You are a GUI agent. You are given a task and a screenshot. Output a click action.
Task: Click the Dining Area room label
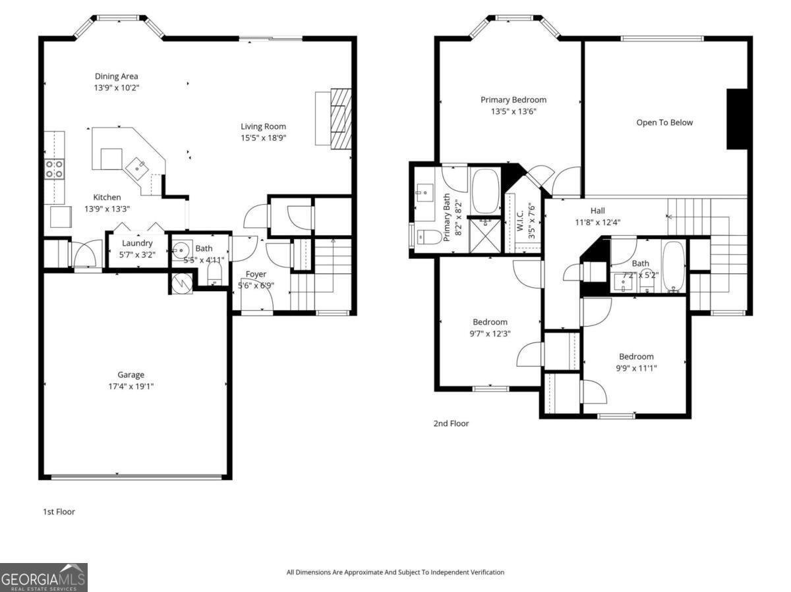coord(116,76)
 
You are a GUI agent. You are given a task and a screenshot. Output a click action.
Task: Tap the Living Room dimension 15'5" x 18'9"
coord(263,138)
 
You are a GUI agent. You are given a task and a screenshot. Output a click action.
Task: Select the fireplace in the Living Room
coord(340,119)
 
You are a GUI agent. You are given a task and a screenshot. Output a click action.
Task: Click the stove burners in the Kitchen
coord(53,169)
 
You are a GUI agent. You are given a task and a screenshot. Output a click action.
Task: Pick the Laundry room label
coord(137,243)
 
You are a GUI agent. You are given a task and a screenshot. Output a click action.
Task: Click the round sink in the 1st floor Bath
coord(181,251)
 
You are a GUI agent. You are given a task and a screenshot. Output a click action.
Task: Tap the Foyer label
coord(256,274)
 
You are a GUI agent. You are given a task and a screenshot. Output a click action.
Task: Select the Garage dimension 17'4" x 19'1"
coord(131,386)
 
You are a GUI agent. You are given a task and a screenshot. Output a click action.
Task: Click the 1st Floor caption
coord(59,511)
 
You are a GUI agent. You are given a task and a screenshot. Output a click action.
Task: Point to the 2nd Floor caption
coord(451,423)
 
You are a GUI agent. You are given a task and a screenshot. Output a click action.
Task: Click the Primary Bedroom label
coord(513,100)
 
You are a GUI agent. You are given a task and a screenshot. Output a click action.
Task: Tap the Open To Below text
coord(664,122)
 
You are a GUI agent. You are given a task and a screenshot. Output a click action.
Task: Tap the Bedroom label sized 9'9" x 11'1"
coord(635,356)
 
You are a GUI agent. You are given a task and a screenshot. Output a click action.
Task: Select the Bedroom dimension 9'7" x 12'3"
coord(490,333)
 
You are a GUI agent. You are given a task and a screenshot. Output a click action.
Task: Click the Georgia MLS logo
coord(44,578)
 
